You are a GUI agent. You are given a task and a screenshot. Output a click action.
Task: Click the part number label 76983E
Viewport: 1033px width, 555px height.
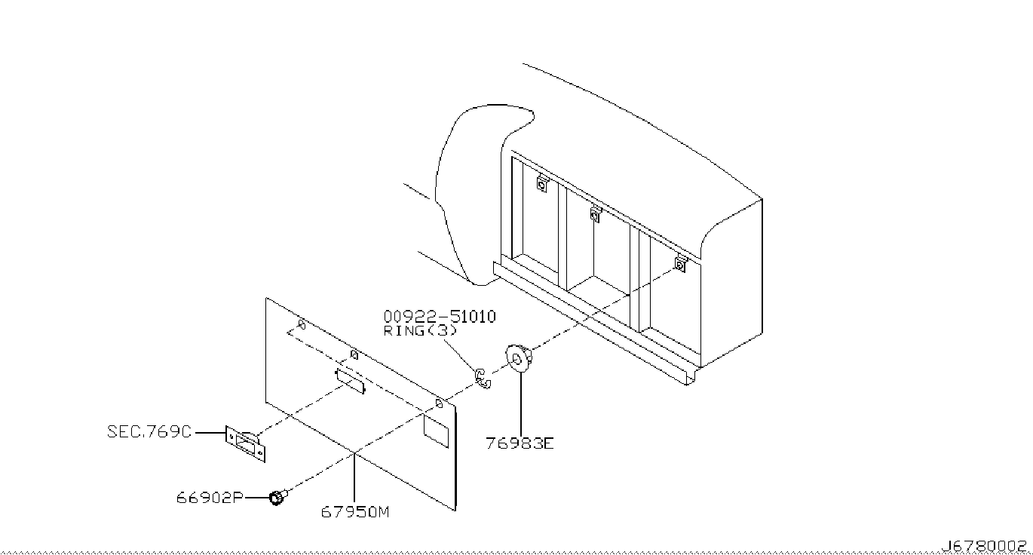(520, 443)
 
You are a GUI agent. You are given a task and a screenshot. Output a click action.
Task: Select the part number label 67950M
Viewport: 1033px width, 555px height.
(355, 513)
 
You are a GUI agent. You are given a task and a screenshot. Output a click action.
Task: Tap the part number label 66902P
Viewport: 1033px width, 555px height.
(210, 498)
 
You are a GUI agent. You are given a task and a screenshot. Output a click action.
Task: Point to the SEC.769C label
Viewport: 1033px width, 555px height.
(149, 432)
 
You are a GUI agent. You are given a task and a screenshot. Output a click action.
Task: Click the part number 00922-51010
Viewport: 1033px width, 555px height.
(440, 317)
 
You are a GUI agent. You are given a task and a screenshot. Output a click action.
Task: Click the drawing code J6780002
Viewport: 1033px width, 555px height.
(983, 545)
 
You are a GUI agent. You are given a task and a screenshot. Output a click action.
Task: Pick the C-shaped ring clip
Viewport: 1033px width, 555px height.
(483, 378)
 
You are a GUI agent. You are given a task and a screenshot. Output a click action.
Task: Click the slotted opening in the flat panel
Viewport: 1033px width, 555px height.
(350, 381)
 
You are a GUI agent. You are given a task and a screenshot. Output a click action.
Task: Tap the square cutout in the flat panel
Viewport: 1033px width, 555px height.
(435, 428)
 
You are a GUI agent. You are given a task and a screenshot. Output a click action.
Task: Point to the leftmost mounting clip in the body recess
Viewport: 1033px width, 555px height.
(542, 183)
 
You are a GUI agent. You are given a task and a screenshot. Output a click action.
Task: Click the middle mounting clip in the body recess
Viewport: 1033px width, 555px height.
(595, 215)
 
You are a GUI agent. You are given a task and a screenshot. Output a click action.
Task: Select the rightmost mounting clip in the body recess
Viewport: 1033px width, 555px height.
(679, 264)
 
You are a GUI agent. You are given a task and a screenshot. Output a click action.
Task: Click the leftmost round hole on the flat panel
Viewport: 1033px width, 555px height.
(302, 325)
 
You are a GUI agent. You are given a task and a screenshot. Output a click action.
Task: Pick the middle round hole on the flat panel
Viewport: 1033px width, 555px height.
(354, 354)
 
